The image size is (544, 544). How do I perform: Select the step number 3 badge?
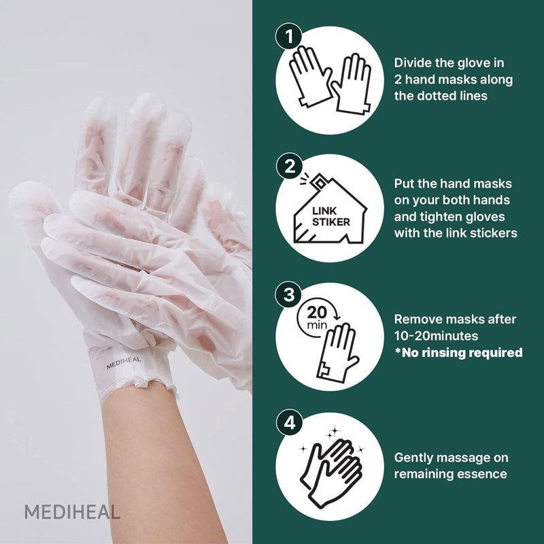click(289, 294)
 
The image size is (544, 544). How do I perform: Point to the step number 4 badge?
click(289, 422)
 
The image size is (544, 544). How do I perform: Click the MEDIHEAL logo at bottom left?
click(72, 512)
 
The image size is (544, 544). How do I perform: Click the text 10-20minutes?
click(435, 336)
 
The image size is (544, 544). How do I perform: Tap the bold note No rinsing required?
click(461, 352)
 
